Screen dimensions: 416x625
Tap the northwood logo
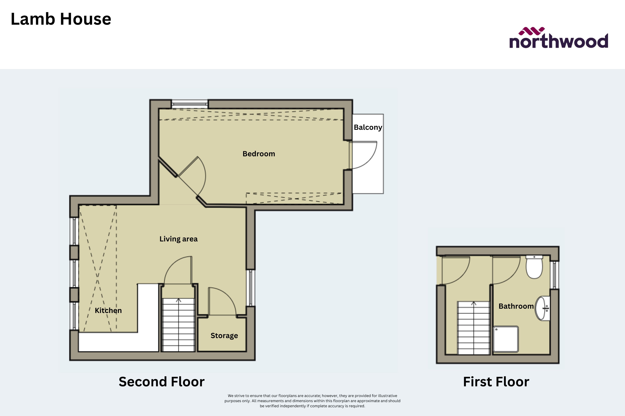click(559, 39)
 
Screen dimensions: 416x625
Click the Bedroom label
click(259, 154)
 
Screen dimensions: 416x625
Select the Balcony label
click(368, 127)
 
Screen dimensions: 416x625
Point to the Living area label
click(178, 239)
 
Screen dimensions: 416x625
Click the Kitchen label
click(108, 310)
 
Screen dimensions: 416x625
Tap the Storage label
click(224, 336)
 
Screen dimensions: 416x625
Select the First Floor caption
click(496, 382)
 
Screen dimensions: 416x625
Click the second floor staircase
click(178, 325)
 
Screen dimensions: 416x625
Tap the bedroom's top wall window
click(189, 104)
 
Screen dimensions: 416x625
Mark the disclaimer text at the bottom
click(312, 401)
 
